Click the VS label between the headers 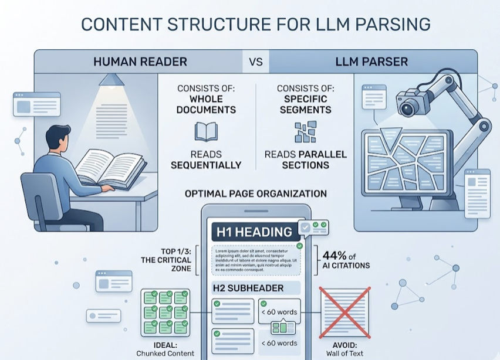click(256, 61)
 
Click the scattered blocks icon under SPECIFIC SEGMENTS click(305, 133)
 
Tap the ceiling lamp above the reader click(111, 79)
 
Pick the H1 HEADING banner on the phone click(255, 232)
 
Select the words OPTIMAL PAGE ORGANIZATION click(256, 193)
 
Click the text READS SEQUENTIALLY click(206, 159)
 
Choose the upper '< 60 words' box click(279, 311)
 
